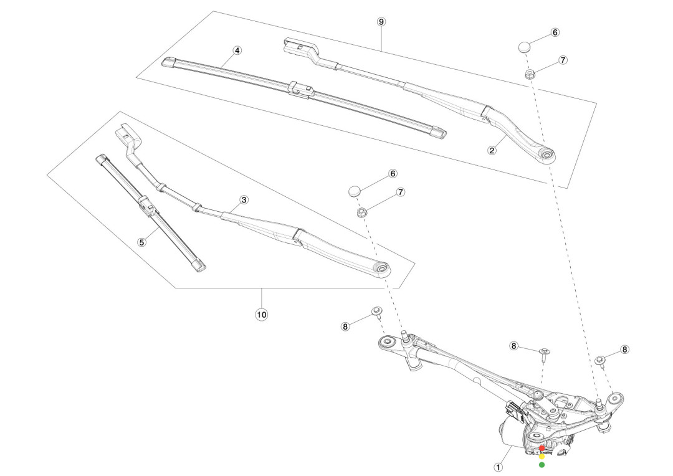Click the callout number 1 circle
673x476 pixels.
pos(498,465)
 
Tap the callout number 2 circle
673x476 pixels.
pos(492,150)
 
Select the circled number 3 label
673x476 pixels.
pos(244,200)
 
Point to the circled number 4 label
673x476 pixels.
pos(237,50)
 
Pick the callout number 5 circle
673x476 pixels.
pos(142,242)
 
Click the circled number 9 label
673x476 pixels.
pos(381,21)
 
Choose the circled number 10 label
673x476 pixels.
pos(261,315)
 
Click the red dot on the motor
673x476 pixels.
pos(542,448)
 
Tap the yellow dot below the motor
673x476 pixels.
pos(542,456)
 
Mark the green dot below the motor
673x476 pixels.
pos(542,464)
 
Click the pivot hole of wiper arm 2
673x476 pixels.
pos(547,153)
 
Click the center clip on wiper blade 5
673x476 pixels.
pos(146,204)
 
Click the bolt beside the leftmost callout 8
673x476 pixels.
pos(376,311)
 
